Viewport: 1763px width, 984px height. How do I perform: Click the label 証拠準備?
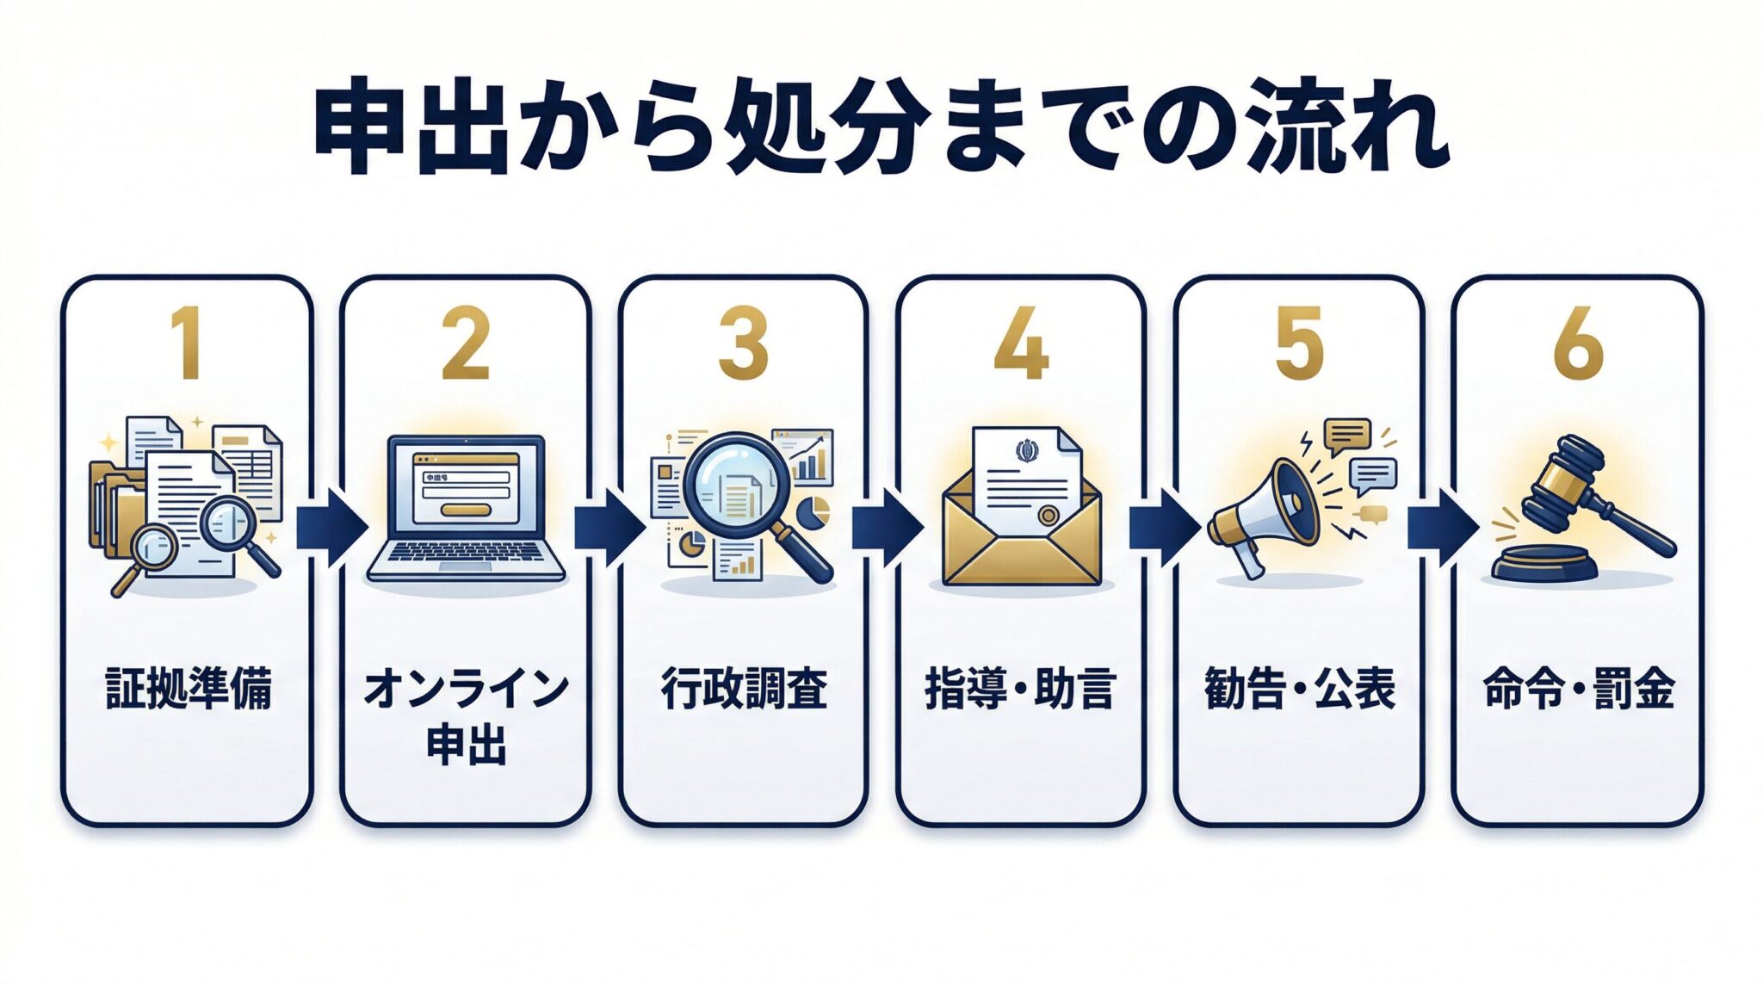point(189,690)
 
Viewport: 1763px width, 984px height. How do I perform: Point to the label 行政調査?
point(744,690)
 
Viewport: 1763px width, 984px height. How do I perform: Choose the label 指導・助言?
point(1021,690)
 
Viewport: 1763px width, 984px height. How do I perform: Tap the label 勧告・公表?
point(1300,690)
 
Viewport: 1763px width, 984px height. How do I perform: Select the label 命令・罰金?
point(1578,690)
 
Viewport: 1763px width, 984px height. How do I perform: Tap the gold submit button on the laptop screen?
point(467,510)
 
